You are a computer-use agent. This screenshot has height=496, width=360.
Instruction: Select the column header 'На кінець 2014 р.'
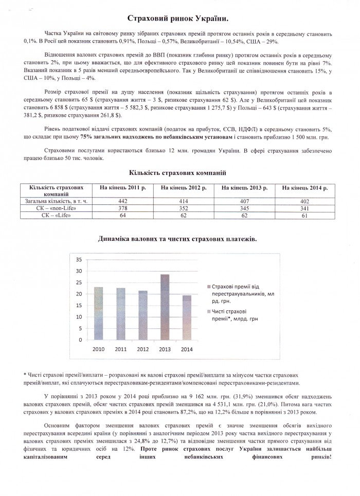[x=305, y=188]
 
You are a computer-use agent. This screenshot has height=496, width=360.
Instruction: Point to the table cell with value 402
[x=305, y=201]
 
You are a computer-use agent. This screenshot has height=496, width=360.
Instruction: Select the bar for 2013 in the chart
[x=165, y=307]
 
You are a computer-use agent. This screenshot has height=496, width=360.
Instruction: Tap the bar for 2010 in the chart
[x=99, y=313]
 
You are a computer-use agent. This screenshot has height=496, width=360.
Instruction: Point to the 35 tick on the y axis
[x=79, y=259]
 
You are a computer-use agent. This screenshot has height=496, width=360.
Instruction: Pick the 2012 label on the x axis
[x=142, y=349]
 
